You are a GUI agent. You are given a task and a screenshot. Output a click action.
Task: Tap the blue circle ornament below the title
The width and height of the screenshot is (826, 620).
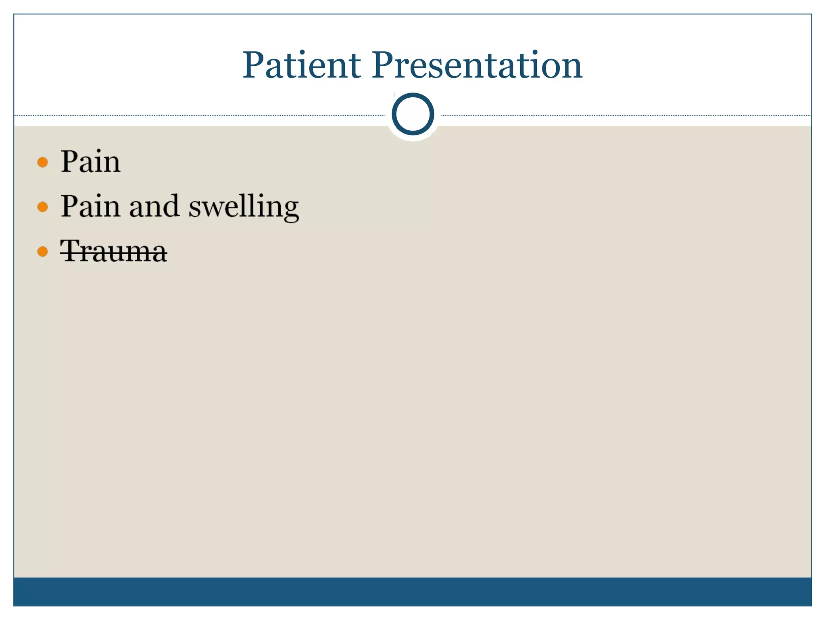[413, 114]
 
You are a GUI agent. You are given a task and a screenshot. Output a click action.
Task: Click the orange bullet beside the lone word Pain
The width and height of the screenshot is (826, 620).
[42, 162]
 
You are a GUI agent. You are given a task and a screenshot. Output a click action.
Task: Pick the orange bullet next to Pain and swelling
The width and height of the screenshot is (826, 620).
[42, 207]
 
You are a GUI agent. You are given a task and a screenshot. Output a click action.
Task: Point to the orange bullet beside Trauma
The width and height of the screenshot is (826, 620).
[42, 252]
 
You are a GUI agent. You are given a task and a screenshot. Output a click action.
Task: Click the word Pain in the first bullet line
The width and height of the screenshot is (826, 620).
[90, 161]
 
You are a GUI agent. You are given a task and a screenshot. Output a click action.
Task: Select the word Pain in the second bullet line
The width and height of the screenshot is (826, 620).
[90, 206]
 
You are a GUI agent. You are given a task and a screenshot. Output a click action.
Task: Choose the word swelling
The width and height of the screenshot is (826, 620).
[244, 207]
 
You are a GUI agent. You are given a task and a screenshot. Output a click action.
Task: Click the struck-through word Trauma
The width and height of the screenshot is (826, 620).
[113, 251]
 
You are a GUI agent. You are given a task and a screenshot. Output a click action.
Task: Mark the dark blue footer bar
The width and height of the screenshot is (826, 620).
[413, 591]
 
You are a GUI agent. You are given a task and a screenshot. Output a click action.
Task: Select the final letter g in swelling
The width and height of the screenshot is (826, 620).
[289, 210]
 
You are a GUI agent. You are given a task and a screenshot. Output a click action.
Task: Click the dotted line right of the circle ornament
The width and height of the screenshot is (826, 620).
[625, 115]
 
